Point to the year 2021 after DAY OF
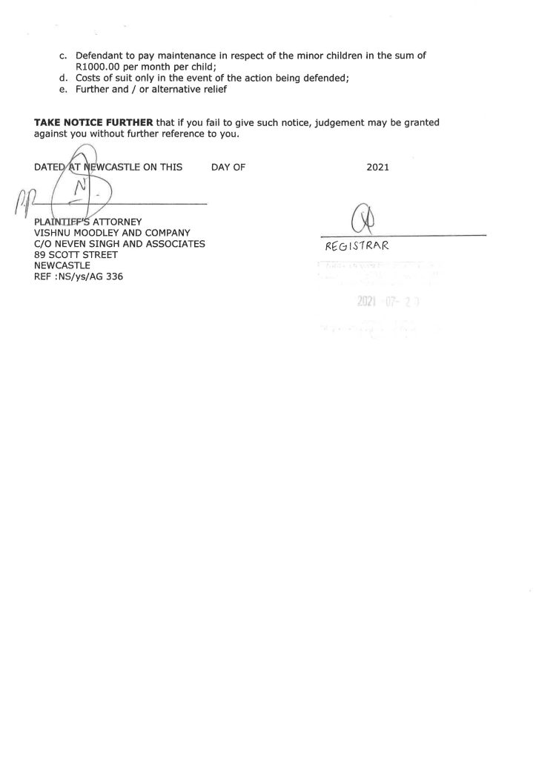pyautogui.click(x=378, y=168)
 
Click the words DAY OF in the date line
pyautogui.click(x=228, y=168)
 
